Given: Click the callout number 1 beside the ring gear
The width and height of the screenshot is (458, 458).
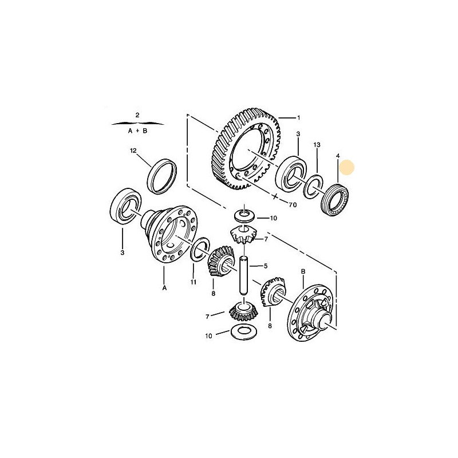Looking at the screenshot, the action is [x=298, y=118].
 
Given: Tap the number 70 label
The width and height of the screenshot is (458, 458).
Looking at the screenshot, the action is [x=293, y=205].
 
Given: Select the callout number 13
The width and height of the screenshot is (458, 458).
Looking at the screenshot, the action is [x=317, y=145].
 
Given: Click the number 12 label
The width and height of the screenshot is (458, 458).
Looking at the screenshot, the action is [x=133, y=151].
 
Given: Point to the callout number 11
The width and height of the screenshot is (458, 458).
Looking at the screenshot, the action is [x=194, y=282].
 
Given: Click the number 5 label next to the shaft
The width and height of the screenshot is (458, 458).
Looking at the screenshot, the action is [x=266, y=266].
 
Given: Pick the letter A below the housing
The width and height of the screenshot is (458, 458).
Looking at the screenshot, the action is [x=164, y=288].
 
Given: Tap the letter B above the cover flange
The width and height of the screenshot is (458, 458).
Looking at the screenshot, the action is [x=303, y=271].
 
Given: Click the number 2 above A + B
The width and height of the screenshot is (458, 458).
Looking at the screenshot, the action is [x=137, y=115].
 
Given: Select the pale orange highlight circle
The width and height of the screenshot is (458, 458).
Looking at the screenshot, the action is [x=347, y=168].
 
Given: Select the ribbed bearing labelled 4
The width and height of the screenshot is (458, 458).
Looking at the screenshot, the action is [x=335, y=199].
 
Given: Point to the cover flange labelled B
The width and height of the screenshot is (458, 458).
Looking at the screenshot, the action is [x=311, y=313].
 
